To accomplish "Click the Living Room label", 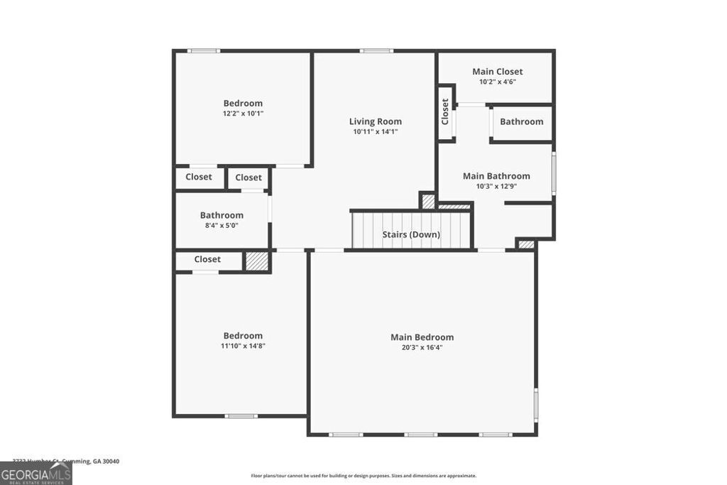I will point(375,121).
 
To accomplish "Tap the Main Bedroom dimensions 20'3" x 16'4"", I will point(422,347).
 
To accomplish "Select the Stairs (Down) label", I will point(411,234).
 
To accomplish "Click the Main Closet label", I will point(498,71).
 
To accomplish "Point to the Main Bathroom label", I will point(496,176).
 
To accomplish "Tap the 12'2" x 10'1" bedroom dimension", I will point(243,114).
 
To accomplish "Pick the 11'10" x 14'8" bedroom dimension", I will point(243,346).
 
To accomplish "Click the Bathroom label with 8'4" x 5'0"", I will point(222,215).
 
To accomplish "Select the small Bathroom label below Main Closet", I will point(521,121).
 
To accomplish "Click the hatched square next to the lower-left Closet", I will point(256,261).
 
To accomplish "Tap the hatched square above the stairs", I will point(428,202).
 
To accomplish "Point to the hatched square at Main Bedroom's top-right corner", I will point(525,244).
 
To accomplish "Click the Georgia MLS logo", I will point(35,474).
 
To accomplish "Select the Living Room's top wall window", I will point(376,50).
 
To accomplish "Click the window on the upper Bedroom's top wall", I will point(204,50).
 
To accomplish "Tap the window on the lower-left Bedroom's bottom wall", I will point(241,415).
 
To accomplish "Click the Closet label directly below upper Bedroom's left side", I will point(199,177).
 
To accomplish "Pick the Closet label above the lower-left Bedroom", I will point(207,259).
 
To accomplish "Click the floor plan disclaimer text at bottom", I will point(363,476).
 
